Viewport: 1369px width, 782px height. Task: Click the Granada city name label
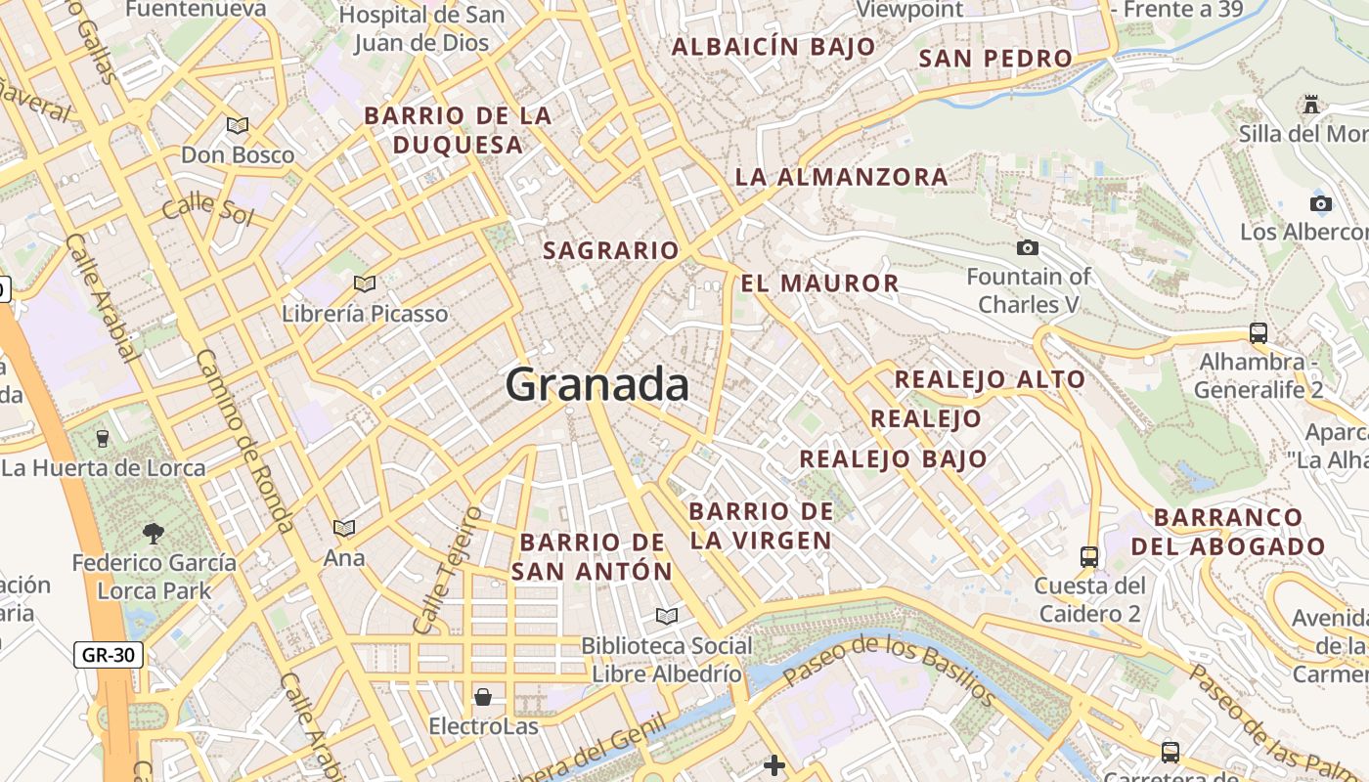(596, 384)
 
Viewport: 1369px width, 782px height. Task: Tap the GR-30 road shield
(109, 655)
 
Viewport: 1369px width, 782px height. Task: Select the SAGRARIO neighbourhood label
(610, 250)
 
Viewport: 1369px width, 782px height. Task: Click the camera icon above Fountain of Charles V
(1028, 248)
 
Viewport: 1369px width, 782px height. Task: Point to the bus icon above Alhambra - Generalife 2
(1259, 332)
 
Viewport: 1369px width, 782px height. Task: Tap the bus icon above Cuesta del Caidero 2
(1089, 557)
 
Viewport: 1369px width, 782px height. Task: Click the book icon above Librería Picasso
(365, 284)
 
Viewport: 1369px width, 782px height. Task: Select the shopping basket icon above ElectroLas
(483, 697)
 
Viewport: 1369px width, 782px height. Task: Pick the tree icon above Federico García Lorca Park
(154, 533)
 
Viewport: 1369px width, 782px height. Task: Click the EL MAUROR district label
(819, 283)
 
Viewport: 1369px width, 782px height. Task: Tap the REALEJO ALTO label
(990, 379)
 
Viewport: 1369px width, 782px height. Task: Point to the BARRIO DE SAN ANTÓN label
(593, 556)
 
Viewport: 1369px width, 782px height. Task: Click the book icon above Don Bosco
(238, 125)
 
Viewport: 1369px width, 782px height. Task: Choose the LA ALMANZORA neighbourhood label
(841, 177)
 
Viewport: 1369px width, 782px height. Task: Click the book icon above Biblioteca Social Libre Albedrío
(667, 616)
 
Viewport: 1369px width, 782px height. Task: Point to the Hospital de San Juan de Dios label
(421, 28)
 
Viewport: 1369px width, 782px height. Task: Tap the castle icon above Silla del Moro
(1311, 104)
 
